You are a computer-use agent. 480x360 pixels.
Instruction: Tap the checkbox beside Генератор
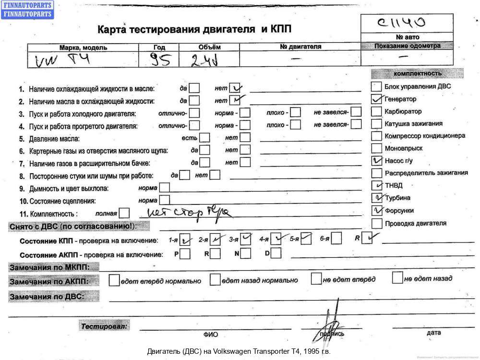[377, 99]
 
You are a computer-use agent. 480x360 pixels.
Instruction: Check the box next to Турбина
[377, 198]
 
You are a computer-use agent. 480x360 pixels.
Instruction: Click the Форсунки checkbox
[377, 210]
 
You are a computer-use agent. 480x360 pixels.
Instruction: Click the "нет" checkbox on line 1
[235, 88]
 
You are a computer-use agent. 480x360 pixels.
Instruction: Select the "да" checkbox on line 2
[194, 101]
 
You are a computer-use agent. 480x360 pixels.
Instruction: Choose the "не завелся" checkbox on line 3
[356, 112]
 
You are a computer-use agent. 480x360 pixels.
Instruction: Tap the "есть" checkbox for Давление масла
[204, 137]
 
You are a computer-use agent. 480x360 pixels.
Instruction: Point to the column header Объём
[209, 47]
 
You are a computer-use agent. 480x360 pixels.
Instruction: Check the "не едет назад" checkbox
[397, 277]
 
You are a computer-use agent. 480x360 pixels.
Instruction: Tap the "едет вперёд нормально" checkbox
[114, 280]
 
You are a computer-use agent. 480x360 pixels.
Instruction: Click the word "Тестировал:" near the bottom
[105, 326]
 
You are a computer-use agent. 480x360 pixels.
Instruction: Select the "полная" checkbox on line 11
[124, 213]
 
